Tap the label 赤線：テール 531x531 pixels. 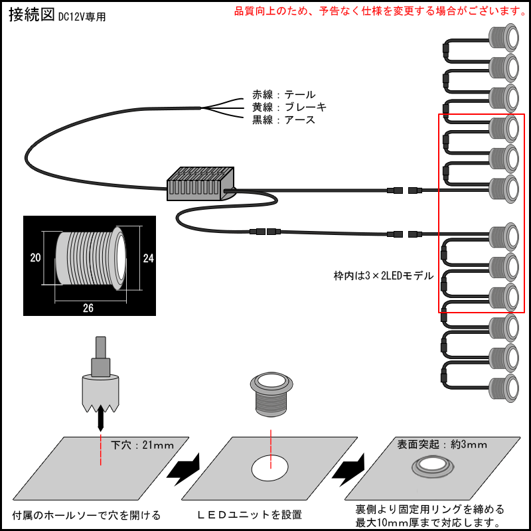pyautogui.click(x=283, y=95)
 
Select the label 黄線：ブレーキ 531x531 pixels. pyautogui.click(x=289, y=108)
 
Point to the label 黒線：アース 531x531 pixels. pyautogui.click(x=283, y=120)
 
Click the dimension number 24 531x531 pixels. pyautogui.click(x=148, y=259)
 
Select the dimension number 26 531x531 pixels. pyautogui.click(x=88, y=307)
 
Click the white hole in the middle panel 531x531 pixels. pyautogui.click(x=270, y=468)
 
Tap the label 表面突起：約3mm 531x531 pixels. pyautogui.click(x=441, y=444)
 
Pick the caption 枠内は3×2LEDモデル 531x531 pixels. pyautogui.click(x=383, y=275)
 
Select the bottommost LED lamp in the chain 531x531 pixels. pyautogui.click(x=504, y=387)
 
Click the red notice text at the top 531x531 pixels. pyautogui.click(x=380, y=11)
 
